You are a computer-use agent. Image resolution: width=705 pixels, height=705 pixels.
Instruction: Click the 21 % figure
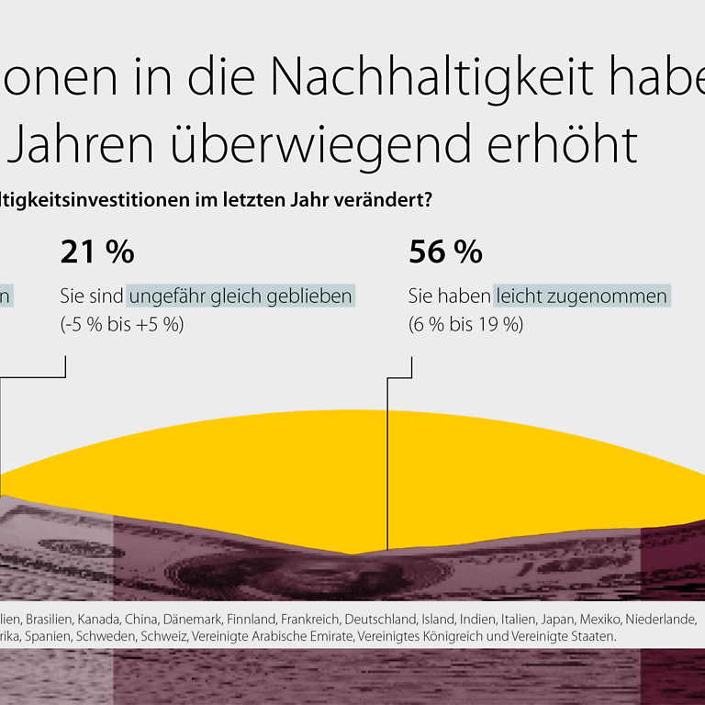pyautogui.click(x=96, y=252)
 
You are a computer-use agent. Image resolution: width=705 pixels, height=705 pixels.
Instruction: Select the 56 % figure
pyautogui.click(x=445, y=252)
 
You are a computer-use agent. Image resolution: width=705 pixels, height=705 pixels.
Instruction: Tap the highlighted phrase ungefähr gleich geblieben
pyautogui.click(x=241, y=297)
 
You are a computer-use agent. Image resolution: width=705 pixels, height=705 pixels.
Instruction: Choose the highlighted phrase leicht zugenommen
pyautogui.click(x=582, y=297)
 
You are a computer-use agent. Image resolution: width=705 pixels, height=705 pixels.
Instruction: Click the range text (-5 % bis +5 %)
pyautogui.click(x=122, y=324)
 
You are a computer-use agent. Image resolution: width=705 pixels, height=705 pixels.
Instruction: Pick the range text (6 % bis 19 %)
pyautogui.click(x=465, y=324)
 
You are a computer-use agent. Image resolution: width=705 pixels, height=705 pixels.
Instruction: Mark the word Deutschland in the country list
pyautogui.click(x=378, y=619)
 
